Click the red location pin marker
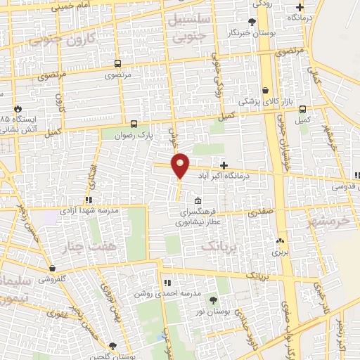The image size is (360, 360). (x=181, y=166)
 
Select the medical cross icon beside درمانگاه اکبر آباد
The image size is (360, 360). (x=224, y=165)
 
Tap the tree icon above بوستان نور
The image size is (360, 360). (x=213, y=301)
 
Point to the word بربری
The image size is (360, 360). (x=281, y=250)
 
